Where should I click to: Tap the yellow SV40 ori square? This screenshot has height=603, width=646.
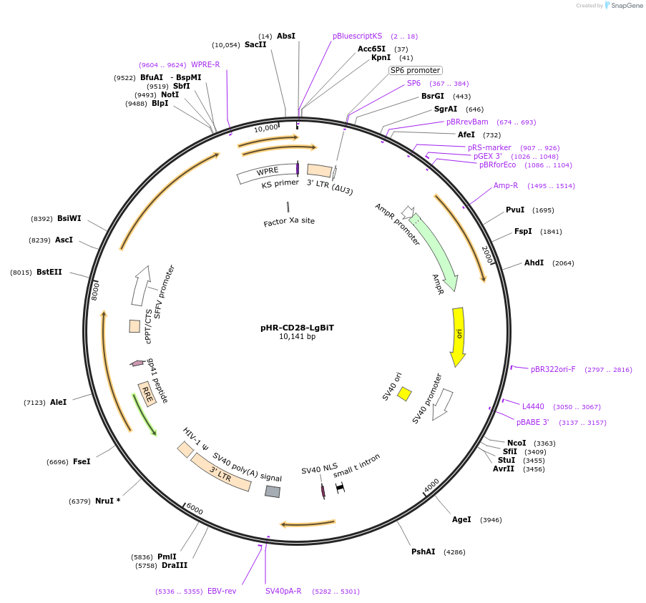(x=404, y=393)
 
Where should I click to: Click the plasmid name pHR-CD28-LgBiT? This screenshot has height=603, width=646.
(x=297, y=328)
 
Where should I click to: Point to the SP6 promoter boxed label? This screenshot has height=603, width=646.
(x=415, y=70)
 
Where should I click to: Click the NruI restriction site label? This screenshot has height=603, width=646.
(x=107, y=501)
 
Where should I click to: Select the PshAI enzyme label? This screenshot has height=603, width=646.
(x=423, y=551)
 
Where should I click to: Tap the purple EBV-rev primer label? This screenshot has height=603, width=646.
(x=222, y=592)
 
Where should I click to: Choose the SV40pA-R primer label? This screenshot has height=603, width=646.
(x=283, y=592)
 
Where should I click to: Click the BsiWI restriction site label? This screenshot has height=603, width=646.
(x=69, y=218)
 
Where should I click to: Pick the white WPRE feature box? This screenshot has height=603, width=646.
(x=266, y=172)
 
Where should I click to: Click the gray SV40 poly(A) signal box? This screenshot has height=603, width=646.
(x=273, y=491)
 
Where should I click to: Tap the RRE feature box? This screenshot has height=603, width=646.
(x=147, y=394)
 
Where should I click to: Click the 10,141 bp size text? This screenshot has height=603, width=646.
(x=297, y=336)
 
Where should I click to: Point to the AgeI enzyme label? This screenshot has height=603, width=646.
(x=461, y=519)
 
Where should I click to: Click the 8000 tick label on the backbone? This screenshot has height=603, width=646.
(x=96, y=290)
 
